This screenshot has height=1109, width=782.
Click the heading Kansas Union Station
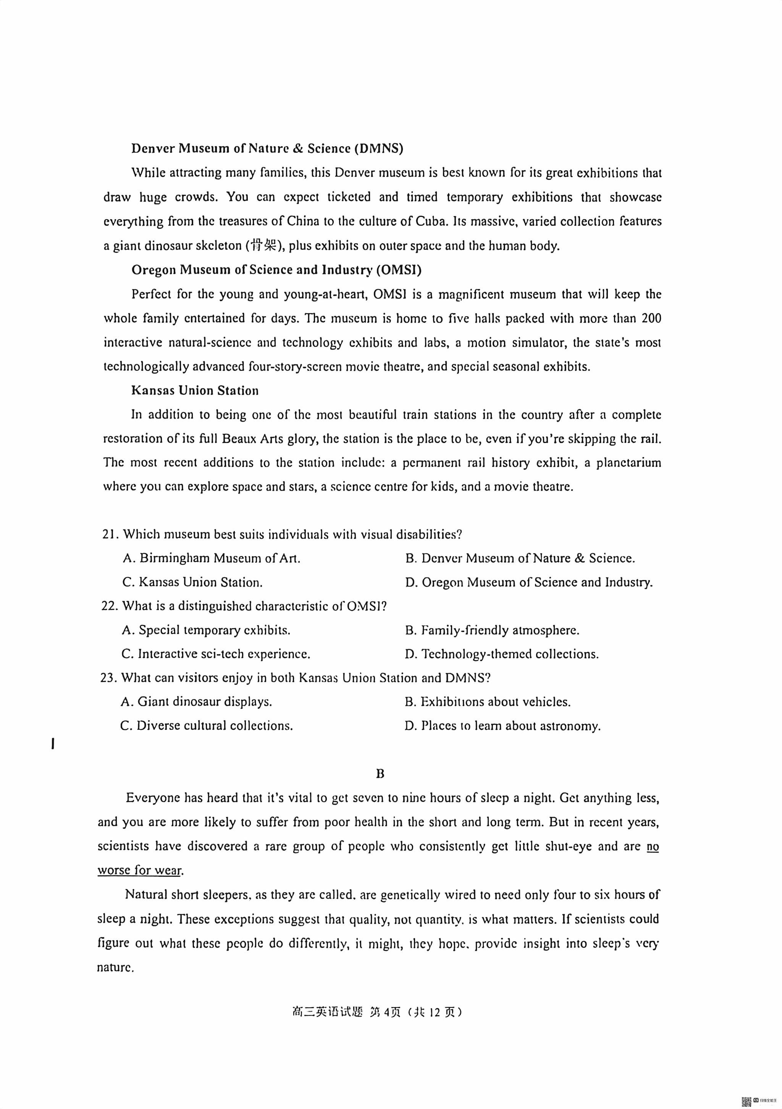tap(195, 390)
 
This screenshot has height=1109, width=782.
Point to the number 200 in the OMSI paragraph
tap(651, 318)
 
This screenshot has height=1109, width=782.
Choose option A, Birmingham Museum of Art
tap(212, 558)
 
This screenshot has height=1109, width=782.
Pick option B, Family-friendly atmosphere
tap(492, 630)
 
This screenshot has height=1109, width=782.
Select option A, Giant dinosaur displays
tap(197, 702)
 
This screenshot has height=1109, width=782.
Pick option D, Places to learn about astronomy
tap(503, 726)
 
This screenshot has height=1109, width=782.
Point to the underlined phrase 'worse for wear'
tap(140, 870)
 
